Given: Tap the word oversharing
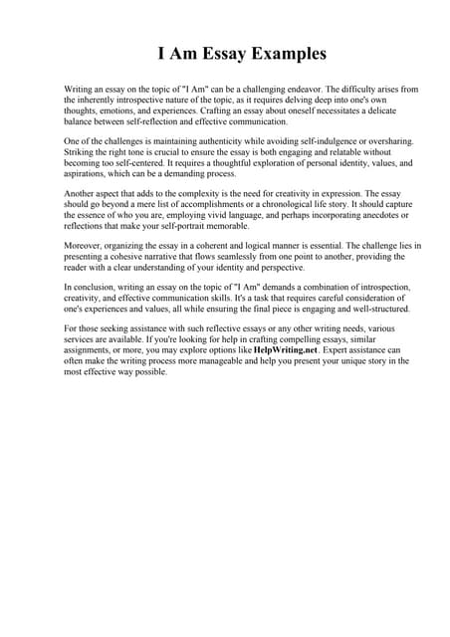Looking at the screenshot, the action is pos(358,142).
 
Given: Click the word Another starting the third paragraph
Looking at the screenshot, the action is pos(82,194).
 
